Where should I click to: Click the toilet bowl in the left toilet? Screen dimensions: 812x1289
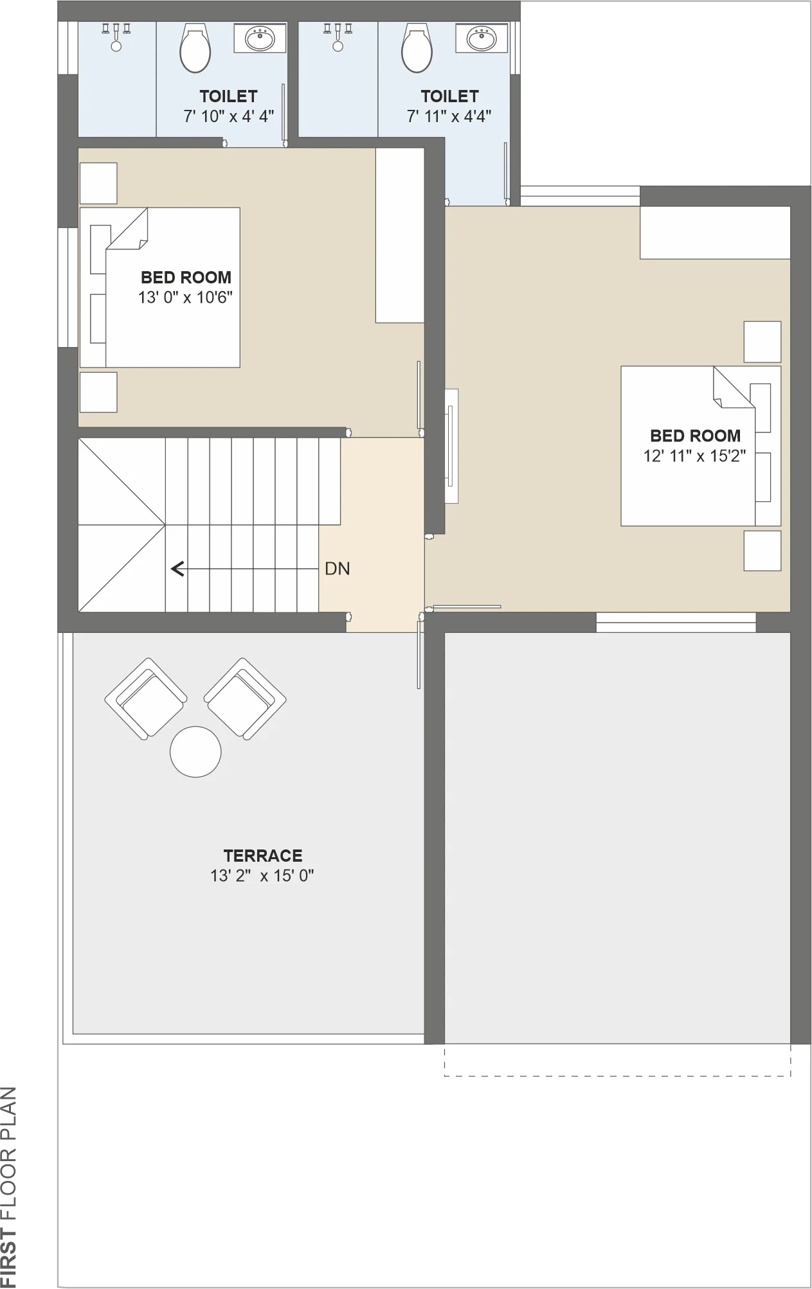pyautogui.click(x=195, y=48)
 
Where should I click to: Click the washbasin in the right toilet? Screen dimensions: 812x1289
pyautogui.click(x=482, y=39)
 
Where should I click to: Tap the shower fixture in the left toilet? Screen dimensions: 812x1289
pyautogui.click(x=116, y=37)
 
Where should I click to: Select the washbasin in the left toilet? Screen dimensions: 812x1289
pyautogui.click(x=260, y=39)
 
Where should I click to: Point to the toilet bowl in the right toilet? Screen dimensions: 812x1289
pyautogui.click(x=417, y=48)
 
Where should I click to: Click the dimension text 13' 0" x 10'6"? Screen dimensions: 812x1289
pyautogui.click(x=185, y=298)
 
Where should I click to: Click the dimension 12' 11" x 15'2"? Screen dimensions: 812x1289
pyautogui.click(x=695, y=456)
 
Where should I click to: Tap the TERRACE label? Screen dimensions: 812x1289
pyautogui.click(x=263, y=856)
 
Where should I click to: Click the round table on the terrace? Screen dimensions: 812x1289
pyautogui.click(x=195, y=752)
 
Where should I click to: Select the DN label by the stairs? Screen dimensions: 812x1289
pyautogui.click(x=338, y=569)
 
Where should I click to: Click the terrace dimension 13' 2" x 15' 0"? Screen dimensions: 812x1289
pyautogui.click(x=262, y=876)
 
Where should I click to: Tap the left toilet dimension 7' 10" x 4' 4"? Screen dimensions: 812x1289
pyautogui.click(x=229, y=116)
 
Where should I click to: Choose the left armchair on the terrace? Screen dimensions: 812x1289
pyautogui.click(x=146, y=698)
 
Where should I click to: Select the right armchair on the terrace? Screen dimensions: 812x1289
pyautogui.click(x=245, y=698)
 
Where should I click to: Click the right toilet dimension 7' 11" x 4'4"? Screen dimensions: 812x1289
pyautogui.click(x=449, y=116)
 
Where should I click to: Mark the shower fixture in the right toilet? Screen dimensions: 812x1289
pyautogui.click(x=338, y=37)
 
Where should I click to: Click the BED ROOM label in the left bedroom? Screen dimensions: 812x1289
pyautogui.click(x=186, y=278)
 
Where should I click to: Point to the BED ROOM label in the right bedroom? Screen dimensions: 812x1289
pyautogui.click(x=695, y=436)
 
